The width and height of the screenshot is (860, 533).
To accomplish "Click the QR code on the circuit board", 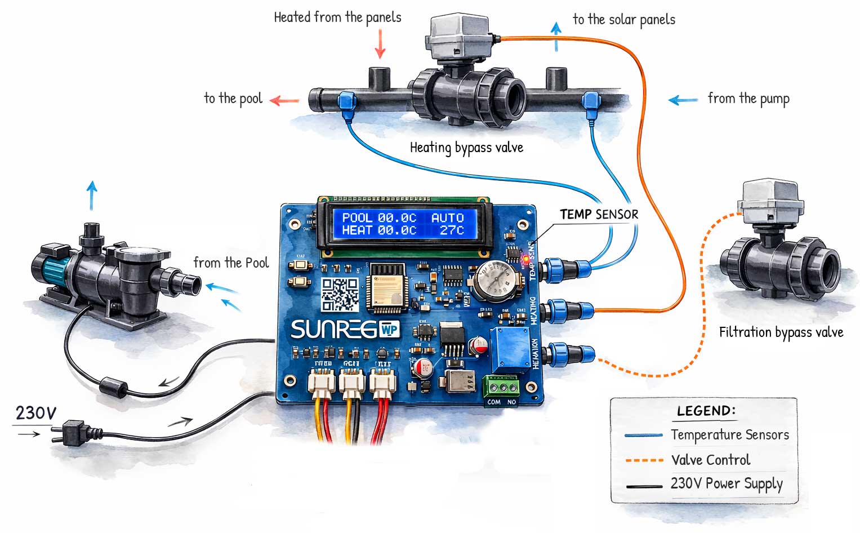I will pos(340,294).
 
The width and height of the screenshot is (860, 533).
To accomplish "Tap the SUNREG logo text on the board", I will pos(333,330).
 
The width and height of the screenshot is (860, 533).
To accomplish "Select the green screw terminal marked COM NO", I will pos(502,387).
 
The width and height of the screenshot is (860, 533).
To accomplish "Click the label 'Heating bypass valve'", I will pos(466,148).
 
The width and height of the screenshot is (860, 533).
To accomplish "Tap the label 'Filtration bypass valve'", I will pos(781,332).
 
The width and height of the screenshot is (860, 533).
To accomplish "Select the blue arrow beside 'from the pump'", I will pos(683,100).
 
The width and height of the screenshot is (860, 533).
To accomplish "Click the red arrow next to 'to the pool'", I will pos(284,101).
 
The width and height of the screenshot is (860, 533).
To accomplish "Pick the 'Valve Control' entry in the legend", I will pos(711,460).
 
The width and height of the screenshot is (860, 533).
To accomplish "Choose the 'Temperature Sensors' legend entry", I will pos(729,435).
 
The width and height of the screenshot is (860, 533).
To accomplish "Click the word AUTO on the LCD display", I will pos(447,217).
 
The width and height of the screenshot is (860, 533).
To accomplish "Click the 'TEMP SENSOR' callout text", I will pos(599,214).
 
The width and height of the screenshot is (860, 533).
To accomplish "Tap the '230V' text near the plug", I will pos(35,413).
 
